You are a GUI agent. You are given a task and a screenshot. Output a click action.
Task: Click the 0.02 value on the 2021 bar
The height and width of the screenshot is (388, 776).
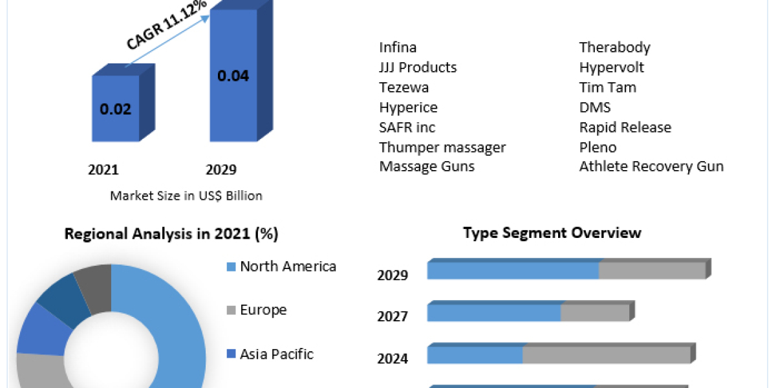tap(115, 109)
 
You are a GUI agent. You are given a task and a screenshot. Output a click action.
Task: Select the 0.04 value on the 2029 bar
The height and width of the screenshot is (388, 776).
tap(233, 76)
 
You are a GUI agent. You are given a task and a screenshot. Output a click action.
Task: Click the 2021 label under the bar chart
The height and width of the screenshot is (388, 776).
tap(103, 170)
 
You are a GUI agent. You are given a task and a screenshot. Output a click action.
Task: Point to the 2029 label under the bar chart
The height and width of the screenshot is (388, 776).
tap(221, 170)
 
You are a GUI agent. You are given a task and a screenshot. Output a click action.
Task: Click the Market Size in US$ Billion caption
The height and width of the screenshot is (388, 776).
tap(186, 195)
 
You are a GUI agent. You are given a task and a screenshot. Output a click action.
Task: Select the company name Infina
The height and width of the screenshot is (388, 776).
tap(398, 47)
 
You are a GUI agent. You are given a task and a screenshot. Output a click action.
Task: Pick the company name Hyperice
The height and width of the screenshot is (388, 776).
tap(408, 107)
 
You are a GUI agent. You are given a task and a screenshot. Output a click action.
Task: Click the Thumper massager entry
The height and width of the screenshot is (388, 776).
tap(442, 147)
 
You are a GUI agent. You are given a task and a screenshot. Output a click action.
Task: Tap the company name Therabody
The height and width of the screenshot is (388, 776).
tap(614, 47)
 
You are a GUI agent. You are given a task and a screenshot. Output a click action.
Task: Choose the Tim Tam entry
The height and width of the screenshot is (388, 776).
tap(607, 87)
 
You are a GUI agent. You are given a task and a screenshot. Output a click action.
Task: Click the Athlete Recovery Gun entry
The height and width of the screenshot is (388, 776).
tap(651, 167)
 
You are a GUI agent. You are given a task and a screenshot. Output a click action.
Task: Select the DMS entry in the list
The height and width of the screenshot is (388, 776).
tap(595, 107)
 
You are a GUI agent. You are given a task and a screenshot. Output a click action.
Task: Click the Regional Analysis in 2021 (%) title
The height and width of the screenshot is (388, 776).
tap(171, 234)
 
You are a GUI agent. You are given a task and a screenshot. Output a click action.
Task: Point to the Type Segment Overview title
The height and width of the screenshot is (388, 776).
tap(552, 233)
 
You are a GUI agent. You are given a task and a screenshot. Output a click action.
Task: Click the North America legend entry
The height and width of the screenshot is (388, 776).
tap(288, 266)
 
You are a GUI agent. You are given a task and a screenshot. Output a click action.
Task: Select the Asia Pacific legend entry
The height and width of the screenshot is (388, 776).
tap(276, 354)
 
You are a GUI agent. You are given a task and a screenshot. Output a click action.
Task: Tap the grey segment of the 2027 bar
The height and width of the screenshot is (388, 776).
tap(595, 313)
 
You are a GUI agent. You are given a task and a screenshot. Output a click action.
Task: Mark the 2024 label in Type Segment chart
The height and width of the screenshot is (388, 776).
tap(393, 358)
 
